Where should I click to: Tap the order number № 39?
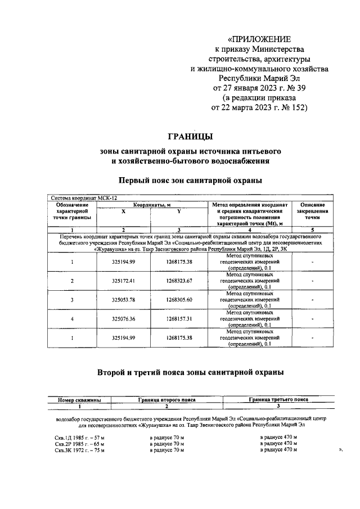pyautogui.click(x=294, y=88)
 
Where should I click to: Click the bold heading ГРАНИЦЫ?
pyautogui.click(x=191, y=136)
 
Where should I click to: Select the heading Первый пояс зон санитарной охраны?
pyautogui.click(x=190, y=181)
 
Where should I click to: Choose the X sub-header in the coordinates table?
pyautogui.click(x=123, y=211)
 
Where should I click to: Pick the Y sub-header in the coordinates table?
pyautogui.click(x=179, y=211)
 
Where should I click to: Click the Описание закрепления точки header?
pyautogui.click(x=312, y=211)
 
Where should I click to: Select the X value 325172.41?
pyautogui.click(x=123, y=280)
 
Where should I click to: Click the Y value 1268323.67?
pyautogui.click(x=179, y=280)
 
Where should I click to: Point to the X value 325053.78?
pyautogui.click(x=123, y=299)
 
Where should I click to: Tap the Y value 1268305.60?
pyautogui.click(x=179, y=299)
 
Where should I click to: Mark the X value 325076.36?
pyautogui.click(x=123, y=318)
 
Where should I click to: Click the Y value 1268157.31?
pyautogui.click(x=179, y=318)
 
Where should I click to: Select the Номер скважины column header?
pyautogui.click(x=80, y=400)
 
